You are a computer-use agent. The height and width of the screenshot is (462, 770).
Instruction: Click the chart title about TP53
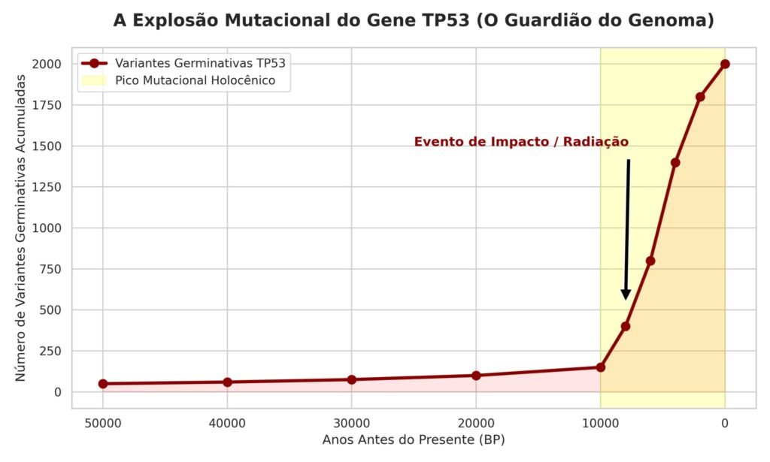(414, 20)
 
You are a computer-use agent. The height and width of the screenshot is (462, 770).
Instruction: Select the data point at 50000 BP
(103, 384)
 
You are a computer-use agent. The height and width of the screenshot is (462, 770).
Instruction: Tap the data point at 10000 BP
(600, 367)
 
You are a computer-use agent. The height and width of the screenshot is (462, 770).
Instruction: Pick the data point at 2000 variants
(725, 64)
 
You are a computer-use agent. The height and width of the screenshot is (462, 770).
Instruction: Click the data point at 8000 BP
(626, 326)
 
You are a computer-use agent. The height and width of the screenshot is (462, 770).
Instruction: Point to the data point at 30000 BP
(352, 379)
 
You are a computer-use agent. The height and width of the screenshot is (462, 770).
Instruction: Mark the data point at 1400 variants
(675, 162)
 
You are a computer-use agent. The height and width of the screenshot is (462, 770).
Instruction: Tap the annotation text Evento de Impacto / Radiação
(521, 142)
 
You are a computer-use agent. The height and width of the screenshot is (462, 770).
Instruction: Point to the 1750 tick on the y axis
(47, 105)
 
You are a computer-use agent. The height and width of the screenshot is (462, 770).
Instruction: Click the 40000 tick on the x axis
(227, 423)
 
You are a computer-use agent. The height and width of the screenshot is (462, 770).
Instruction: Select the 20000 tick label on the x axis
(476, 423)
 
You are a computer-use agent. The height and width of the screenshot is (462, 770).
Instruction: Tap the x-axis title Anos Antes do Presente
(414, 440)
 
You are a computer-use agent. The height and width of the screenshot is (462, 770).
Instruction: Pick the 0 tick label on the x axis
(725, 423)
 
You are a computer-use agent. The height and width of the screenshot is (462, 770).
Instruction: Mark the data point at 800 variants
(650, 261)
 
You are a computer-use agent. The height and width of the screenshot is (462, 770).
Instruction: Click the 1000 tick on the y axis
(47, 228)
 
